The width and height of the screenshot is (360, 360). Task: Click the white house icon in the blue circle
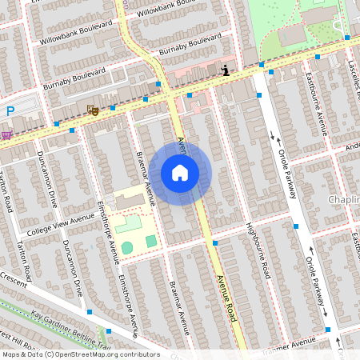180,173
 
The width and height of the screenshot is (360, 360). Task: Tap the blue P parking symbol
10,111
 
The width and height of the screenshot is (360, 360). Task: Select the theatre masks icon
93,110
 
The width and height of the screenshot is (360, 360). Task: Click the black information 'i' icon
226,70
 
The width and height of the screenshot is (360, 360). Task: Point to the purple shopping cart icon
6,134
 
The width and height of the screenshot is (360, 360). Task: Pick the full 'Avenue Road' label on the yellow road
226,298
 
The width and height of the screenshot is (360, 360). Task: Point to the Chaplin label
344,199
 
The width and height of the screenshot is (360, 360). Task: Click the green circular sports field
128,248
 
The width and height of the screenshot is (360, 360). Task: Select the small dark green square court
151,241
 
